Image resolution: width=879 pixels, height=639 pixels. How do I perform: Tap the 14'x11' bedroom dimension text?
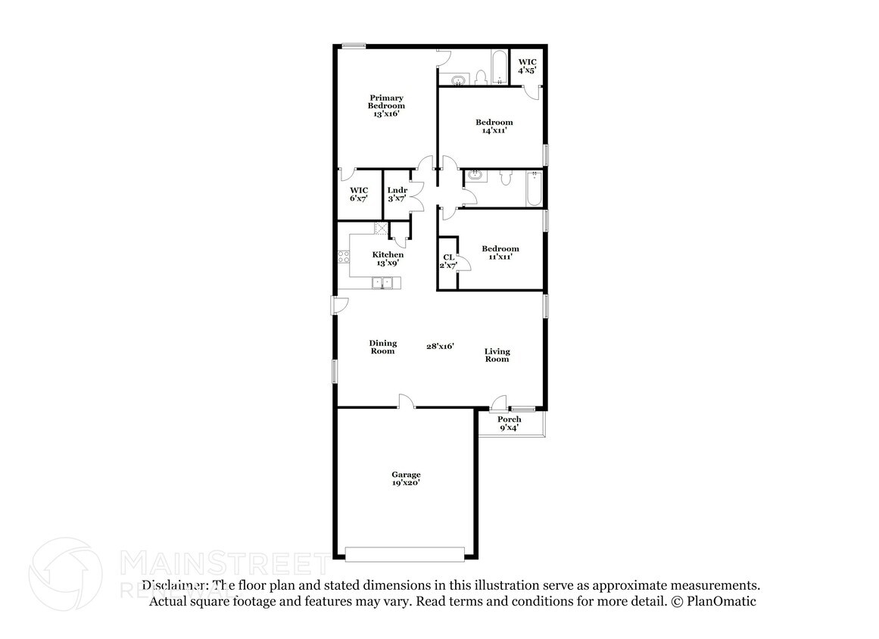click(x=494, y=130)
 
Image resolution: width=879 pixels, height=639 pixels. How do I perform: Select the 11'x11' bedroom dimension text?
click(x=500, y=257)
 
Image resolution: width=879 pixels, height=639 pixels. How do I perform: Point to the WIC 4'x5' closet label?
click(x=527, y=65)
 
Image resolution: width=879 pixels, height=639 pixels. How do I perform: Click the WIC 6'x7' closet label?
click(x=358, y=194)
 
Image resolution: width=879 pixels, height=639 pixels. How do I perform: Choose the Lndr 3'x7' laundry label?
click(x=397, y=194)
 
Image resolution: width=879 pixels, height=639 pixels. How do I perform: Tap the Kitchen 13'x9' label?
click(x=387, y=259)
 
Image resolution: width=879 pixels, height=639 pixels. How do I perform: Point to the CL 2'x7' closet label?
click(x=448, y=261)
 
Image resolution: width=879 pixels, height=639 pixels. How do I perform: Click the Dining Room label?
click(x=382, y=347)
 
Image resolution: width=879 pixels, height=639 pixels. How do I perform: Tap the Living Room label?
click(x=497, y=355)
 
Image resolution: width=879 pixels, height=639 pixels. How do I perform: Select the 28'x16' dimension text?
click(x=439, y=346)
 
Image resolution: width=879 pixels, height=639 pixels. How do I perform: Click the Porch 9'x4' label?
click(x=509, y=423)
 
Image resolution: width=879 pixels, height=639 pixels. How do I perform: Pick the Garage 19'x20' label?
click(x=406, y=478)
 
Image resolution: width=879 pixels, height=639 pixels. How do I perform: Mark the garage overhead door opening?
click(x=404, y=555)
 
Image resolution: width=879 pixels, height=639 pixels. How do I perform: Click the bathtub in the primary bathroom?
click(x=499, y=68)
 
